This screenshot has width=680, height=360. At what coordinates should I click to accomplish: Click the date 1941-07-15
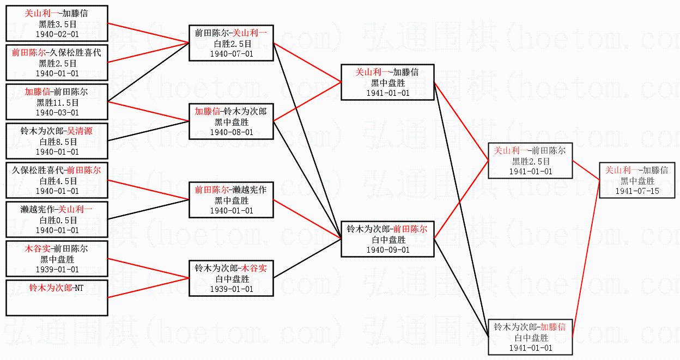637,191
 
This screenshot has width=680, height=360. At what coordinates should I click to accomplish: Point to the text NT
79,288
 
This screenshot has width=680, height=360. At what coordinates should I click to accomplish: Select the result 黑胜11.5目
57,102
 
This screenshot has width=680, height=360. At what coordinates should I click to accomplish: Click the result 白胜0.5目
57,220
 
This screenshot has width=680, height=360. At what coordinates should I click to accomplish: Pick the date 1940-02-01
57,34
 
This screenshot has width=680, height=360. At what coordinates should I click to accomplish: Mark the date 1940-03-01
57,112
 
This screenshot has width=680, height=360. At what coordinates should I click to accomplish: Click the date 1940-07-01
232,53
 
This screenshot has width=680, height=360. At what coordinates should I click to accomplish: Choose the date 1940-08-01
232,132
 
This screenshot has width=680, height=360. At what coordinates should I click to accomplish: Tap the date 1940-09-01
387,250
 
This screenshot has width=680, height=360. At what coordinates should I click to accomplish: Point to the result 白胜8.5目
57,142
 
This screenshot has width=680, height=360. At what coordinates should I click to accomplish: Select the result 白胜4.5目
57,181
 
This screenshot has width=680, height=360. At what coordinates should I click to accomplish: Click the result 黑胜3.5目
57,24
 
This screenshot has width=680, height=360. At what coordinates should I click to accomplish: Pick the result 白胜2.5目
232,44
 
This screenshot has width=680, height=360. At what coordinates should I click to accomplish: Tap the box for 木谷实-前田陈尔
57,259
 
